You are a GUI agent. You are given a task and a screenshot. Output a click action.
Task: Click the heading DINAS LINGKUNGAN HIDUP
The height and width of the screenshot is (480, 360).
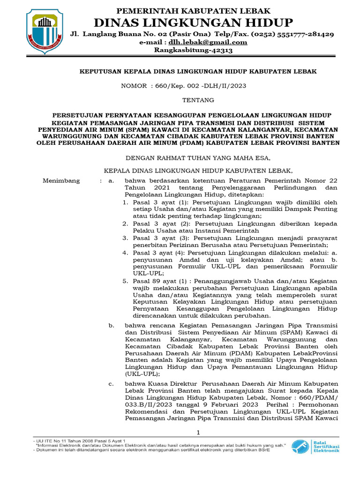coord(194,22)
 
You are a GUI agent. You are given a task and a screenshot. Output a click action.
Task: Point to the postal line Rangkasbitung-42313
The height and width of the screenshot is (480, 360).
coord(194,51)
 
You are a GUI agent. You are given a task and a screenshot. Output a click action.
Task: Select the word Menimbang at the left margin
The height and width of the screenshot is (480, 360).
coord(61,180)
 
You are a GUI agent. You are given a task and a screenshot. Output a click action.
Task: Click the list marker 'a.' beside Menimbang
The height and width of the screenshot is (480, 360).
coord(111,180)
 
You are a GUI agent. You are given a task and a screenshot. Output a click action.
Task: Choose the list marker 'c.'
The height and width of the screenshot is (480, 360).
coord(111,384)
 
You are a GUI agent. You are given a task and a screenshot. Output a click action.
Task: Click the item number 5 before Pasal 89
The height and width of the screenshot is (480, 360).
coord(125,281)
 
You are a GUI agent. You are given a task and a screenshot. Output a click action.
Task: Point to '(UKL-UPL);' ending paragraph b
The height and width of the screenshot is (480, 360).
coord(142,374)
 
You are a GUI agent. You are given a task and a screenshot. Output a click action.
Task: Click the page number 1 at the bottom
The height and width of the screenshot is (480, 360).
coord(198,432)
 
